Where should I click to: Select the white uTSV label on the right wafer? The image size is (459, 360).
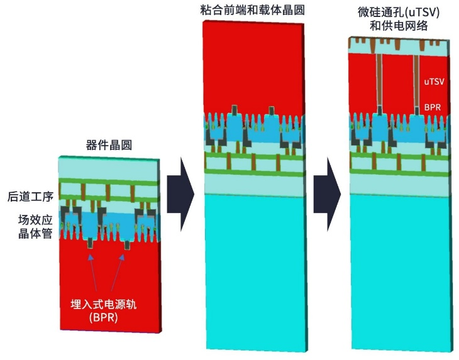[435, 82]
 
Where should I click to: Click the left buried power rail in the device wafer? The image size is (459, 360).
[92, 243]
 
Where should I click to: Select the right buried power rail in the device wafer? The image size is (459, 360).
[129, 243]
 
